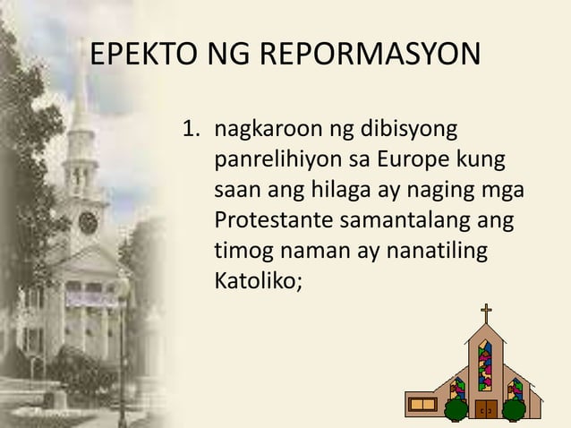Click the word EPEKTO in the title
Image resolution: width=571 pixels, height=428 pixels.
(x=132, y=56)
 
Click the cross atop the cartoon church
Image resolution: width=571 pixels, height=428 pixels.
(x=486, y=315)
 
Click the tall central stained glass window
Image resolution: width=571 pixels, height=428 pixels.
(x=485, y=365)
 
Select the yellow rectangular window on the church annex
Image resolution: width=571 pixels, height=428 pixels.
(x=421, y=403)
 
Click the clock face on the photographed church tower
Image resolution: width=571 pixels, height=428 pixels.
(x=88, y=221)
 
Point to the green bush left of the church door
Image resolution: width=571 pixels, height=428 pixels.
(x=458, y=410)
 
